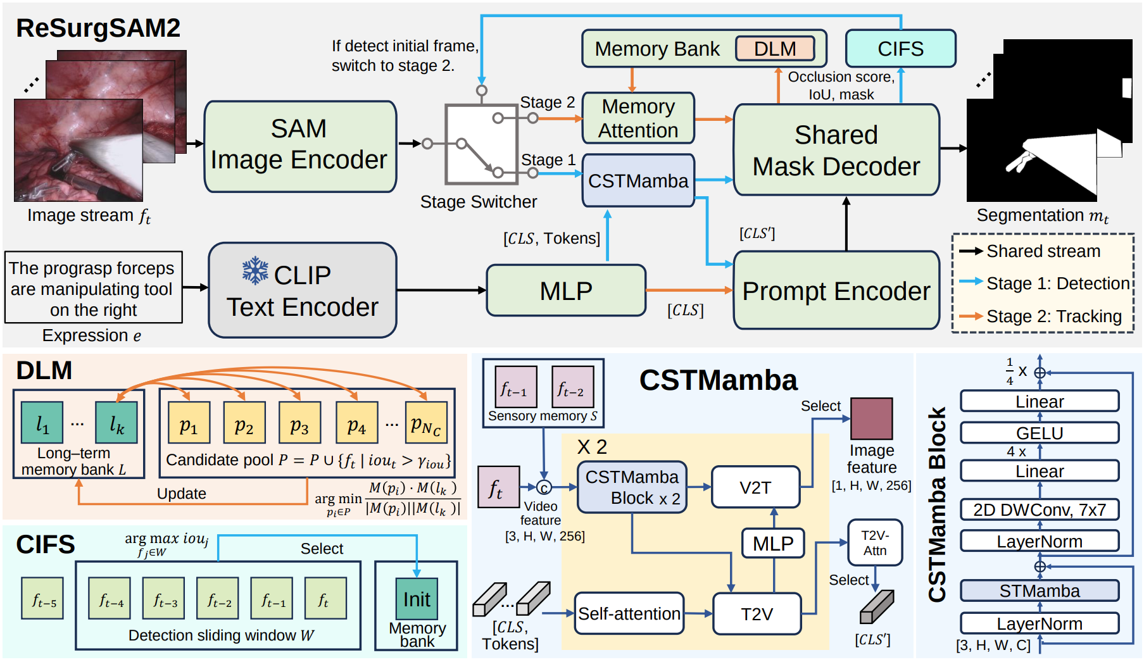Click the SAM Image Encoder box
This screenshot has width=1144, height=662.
click(300, 146)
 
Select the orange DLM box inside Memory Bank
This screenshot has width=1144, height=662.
click(775, 49)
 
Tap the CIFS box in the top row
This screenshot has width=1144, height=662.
click(900, 49)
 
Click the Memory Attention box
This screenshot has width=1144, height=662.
click(638, 118)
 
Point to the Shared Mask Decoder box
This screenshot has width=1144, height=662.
click(836, 150)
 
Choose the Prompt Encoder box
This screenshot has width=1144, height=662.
click(836, 290)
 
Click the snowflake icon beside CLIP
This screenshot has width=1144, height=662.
click(255, 270)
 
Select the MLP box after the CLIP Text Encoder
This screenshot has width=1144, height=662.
click(566, 290)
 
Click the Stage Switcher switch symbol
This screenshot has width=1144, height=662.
click(481, 144)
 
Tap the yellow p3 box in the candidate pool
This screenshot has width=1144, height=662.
click(299, 423)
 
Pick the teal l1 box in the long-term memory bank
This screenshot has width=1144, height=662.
click(42, 422)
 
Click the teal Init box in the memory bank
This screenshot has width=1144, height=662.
click(417, 599)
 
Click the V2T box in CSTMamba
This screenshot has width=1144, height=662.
click(756, 487)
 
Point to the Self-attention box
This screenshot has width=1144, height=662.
click(629, 613)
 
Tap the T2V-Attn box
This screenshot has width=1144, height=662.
click(875, 543)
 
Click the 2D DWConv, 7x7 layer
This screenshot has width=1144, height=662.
click(1040, 509)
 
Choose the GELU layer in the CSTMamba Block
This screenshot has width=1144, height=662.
click(1040, 433)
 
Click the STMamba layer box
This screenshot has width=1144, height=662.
click(1040, 590)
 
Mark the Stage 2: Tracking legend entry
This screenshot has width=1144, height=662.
click(1041, 316)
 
